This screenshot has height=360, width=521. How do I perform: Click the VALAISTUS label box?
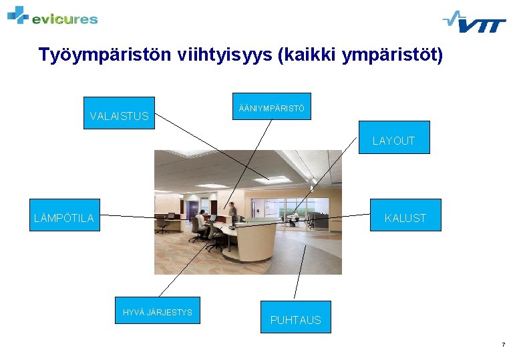(119, 113)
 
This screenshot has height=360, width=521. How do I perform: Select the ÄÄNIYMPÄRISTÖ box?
(271, 107)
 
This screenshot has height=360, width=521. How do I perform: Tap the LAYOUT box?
(394, 138)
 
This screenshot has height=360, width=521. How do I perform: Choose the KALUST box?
(406, 215)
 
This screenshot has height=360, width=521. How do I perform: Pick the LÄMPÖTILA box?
(65, 215)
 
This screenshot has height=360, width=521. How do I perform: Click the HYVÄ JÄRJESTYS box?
(157, 311)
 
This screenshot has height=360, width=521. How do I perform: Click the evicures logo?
(53, 16)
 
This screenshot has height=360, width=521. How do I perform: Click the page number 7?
(503, 345)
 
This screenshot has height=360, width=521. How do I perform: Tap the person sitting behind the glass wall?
(292, 218)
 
